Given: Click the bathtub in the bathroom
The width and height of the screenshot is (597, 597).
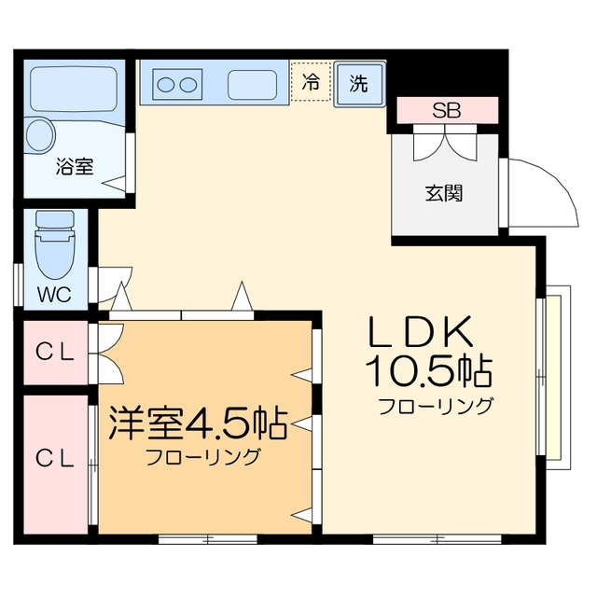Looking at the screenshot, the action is tap(74, 90).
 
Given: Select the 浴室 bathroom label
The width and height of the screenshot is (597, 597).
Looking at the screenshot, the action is tap(75, 166).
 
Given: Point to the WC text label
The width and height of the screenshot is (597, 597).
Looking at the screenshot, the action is tap(54, 294).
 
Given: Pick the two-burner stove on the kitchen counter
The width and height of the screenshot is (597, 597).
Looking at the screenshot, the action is tap(177, 85).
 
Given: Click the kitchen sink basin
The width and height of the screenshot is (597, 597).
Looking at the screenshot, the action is tap(253, 85).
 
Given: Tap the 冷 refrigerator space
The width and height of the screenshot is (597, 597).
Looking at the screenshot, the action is tap(311, 81).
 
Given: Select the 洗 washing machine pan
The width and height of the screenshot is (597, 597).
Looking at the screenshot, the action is tap(360, 84).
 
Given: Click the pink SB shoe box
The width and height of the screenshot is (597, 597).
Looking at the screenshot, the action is tap(448, 110).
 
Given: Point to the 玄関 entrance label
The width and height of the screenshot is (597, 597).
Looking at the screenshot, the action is tap(444, 193).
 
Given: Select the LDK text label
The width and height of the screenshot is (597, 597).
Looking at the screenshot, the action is tap(421, 331).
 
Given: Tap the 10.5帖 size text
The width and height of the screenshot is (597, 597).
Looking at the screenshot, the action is tap(429, 370).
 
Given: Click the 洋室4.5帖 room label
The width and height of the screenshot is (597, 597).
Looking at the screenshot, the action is tap(198, 423).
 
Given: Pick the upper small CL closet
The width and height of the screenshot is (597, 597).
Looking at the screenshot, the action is tap(56, 353).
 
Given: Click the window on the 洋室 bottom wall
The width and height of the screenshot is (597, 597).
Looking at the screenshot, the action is tap(207, 539).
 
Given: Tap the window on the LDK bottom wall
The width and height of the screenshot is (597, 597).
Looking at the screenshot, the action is tap(437, 539).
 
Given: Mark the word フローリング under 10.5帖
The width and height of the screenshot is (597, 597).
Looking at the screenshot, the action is tap(436, 406).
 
